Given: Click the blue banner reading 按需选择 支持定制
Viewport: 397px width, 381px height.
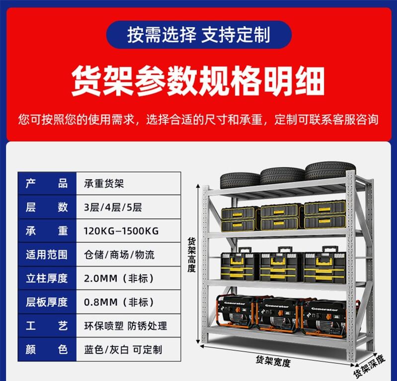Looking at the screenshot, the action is click(x=199, y=35).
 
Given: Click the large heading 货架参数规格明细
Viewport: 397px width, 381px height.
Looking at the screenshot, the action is click(x=198, y=81).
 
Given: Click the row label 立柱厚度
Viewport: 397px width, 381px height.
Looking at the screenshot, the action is click(x=47, y=279).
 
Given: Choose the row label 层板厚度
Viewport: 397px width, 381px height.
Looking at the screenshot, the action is click(x=47, y=302).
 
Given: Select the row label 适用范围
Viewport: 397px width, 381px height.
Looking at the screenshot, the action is click(x=47, y=255).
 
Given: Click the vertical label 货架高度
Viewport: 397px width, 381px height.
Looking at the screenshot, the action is click(x=192, y=255).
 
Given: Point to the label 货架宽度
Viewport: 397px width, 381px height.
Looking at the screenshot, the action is click(x=273, y=361).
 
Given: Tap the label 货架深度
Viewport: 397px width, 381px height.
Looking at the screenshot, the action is click(x=369, y=366).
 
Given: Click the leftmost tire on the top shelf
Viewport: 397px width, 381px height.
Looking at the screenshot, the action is click(x=240, y=181).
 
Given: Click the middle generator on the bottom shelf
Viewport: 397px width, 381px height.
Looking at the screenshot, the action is click(x=278, y=314).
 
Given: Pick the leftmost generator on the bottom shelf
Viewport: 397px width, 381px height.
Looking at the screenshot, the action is click(x=236, y=311).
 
